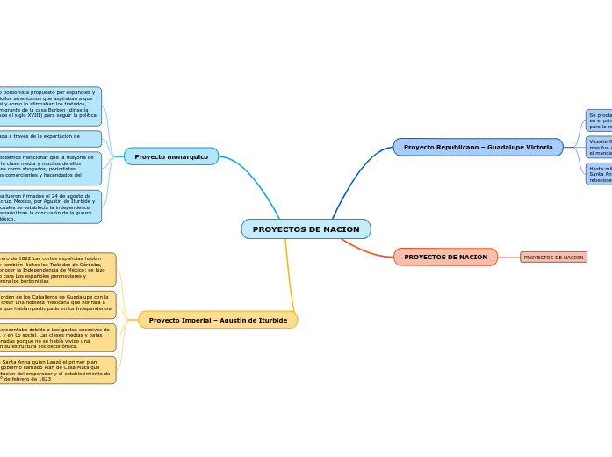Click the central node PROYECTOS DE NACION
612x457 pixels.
click(306, 229)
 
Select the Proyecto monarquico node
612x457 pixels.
click(171, 156)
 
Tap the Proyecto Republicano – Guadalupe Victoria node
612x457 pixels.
click(478, 147)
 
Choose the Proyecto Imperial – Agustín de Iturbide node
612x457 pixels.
click(218, 320)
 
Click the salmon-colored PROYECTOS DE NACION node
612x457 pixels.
click(445, 257)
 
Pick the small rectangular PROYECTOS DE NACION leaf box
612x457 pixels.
click(553, 258)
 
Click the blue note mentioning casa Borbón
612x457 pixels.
click(49, 106)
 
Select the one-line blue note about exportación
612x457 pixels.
click(49, 138)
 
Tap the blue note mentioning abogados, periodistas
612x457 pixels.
click(49, 169)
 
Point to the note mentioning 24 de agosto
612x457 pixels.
click(49, 207)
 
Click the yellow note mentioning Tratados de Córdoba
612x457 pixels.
click(56, 270)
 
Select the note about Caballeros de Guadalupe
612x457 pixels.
click(56, 305)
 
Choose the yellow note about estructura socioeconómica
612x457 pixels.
click(56, 338)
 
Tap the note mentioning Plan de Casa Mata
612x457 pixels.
click(56, 370)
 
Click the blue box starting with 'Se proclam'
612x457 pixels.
click(599, 120)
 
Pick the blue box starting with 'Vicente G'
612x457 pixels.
click(599, 147)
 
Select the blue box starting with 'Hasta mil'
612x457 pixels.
click(599, 173)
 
